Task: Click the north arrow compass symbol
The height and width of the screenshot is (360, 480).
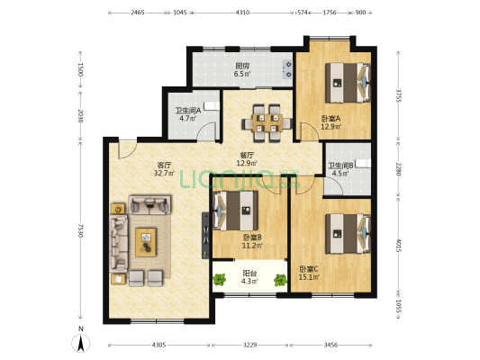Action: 81,344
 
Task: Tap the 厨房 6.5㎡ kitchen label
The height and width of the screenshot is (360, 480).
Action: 242,69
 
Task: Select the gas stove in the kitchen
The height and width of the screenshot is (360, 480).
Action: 287,68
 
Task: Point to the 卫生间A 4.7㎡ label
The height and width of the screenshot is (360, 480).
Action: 188,114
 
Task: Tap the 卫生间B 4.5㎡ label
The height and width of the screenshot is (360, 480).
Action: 340,169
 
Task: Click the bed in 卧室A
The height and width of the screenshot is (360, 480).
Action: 348,83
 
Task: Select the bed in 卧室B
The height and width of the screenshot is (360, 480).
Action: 235,211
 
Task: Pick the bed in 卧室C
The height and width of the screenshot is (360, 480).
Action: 348,234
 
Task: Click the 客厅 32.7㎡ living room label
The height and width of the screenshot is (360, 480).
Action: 165,169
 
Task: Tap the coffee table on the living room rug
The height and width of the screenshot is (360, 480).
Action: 146,242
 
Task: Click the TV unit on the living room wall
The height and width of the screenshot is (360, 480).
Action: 205,236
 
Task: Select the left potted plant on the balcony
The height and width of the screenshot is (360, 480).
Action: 219,279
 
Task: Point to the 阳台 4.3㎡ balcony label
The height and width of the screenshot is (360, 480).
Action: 249,277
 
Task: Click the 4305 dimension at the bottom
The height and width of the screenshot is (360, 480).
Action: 158,345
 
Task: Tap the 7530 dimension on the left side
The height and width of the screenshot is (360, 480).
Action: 80,230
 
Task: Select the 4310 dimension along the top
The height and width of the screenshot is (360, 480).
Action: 242,13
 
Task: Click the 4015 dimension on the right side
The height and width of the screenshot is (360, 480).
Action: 398,246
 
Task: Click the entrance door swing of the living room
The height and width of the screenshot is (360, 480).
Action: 127,149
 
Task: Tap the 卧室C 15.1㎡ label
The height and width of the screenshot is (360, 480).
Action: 309,273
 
